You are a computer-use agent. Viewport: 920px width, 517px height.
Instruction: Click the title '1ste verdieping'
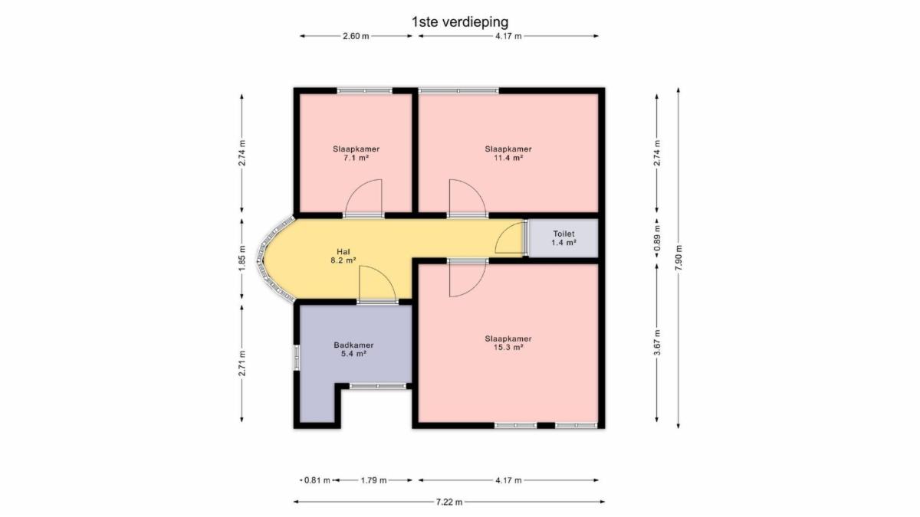459,21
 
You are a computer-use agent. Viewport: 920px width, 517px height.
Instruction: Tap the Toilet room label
563,234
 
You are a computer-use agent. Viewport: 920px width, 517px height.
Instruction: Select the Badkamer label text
353,345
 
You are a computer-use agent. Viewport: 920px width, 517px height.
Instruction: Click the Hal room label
343,251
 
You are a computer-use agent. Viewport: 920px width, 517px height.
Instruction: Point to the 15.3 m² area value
508,348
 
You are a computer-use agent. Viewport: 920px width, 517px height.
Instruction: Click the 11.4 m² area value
508,158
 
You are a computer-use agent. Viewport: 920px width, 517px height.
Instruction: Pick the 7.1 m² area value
356,158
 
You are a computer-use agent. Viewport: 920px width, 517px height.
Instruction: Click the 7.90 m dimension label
678,257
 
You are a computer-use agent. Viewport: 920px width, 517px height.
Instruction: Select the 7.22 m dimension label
449,502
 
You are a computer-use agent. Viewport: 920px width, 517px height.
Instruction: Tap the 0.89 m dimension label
657,238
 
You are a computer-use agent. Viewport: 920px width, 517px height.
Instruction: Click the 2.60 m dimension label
356,36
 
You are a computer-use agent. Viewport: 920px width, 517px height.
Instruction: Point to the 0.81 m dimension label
317,480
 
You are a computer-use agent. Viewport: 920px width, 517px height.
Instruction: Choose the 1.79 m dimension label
374,480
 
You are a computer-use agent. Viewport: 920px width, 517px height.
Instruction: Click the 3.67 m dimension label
657,342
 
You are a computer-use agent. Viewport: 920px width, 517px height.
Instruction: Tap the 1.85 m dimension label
242,257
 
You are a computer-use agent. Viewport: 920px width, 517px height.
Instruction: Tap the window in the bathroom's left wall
296,358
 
